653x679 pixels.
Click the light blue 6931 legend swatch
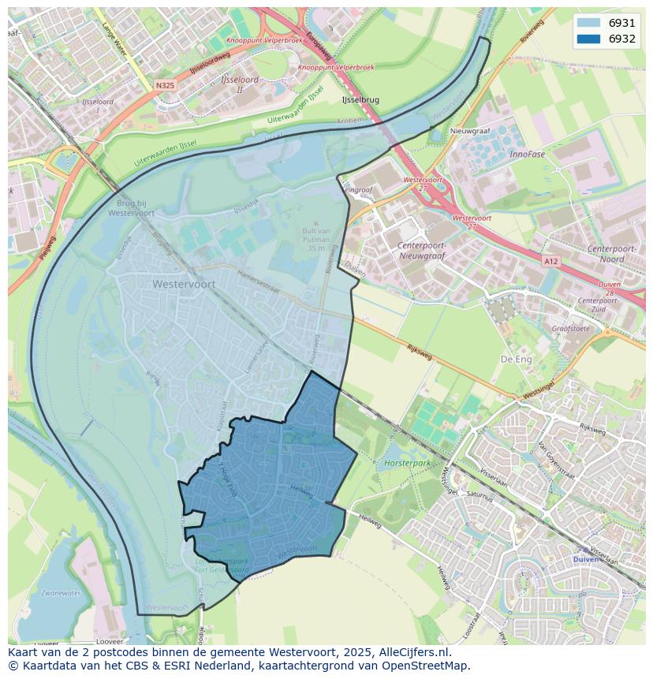point(588,24)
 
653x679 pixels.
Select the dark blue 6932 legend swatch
point(588,39)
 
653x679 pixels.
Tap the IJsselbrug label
point(360,100)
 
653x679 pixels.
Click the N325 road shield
point(165,85)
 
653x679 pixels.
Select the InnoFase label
point(527,155)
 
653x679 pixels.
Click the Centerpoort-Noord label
point(617,254)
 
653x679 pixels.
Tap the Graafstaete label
point(570,329)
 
